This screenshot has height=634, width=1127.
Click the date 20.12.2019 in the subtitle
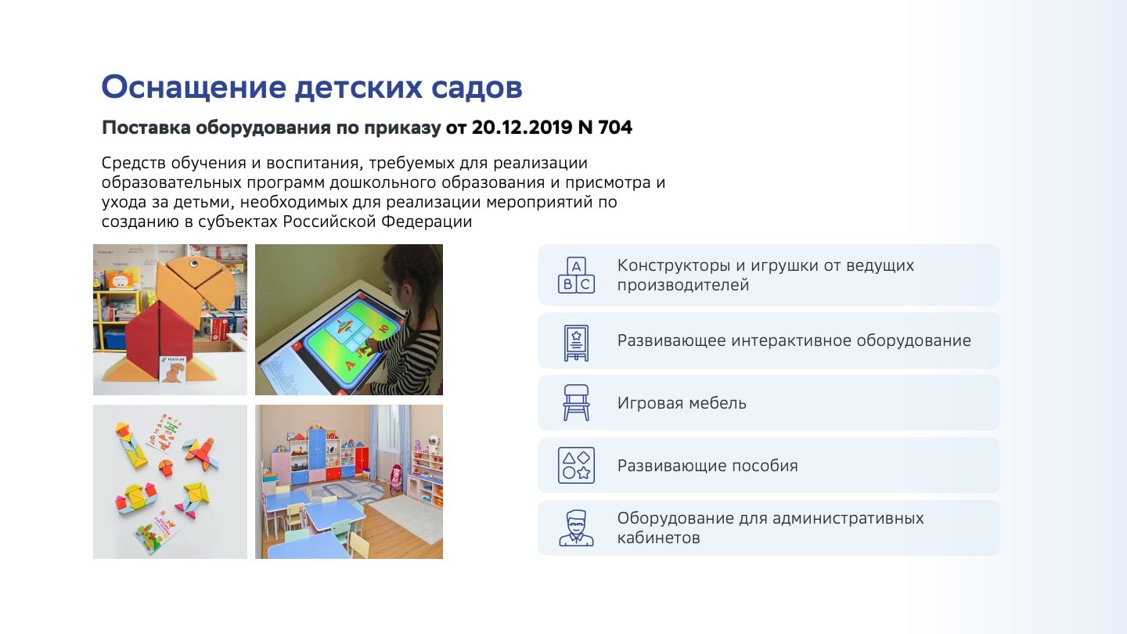[521, 128]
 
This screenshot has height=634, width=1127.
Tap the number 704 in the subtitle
[615, 128]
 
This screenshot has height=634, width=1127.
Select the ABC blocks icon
[576, 275]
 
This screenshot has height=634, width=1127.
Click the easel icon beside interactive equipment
[576, 343]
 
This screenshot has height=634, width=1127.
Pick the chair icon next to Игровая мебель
[576, 402]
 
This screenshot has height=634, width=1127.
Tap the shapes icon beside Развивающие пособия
[576, 465]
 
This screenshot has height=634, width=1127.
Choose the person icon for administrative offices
[576, 528]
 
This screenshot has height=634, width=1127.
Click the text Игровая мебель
[682, 403]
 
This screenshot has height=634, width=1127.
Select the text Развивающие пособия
[708, 466]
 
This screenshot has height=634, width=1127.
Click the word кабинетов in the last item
[659, 538]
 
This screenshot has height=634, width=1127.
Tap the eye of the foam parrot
[194, 263]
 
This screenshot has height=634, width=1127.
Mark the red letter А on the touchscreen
[350, 365]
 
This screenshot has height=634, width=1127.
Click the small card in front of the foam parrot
[173, 369]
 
